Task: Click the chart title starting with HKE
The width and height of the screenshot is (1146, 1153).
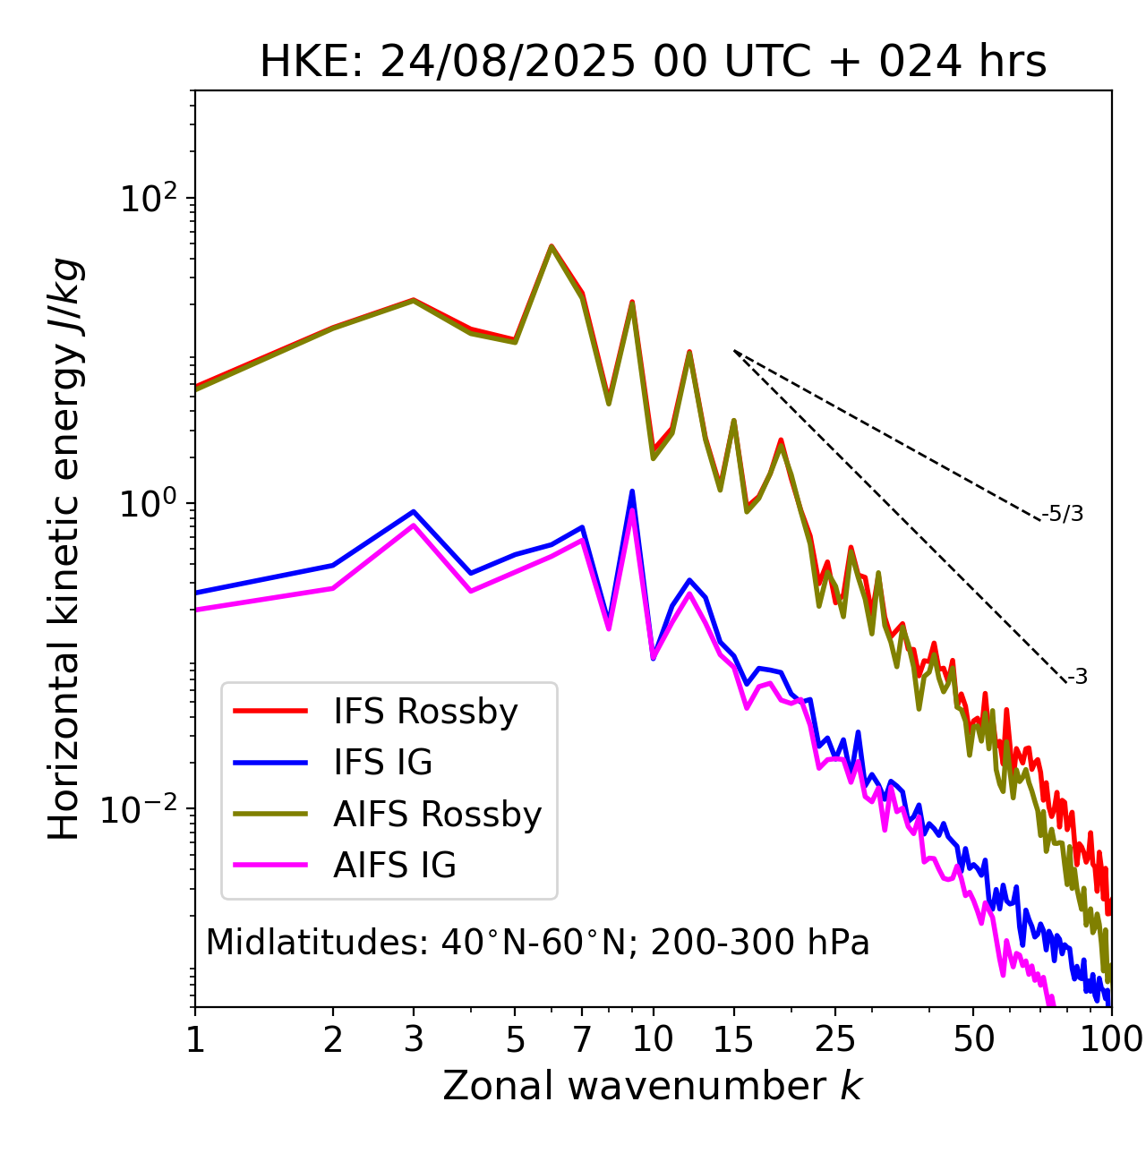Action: [x=653, y=63]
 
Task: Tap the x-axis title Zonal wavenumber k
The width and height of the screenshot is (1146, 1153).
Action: [x=652, y=1085]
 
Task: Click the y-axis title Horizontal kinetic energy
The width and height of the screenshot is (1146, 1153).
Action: [x=64, y=549]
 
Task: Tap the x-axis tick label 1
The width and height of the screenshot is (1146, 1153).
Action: [x=195, y=1039]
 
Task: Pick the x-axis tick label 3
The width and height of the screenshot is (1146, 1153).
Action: [x=413, y=1039]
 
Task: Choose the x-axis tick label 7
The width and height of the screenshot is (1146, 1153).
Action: [x=582, y=1039]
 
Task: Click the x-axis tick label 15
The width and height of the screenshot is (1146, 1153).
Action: [x=733, y=1039]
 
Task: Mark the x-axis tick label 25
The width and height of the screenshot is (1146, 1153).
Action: [x=835, y=1039]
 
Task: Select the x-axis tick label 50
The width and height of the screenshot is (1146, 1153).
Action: [x=973, y=1039]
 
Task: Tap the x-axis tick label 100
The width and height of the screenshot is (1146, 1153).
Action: [x=1110, y=1039]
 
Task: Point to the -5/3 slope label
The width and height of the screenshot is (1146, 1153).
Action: [x=1063, y=514]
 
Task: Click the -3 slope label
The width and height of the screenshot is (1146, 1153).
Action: [x=1077, y=678]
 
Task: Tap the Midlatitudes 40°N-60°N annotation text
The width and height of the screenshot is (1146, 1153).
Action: [x=537, y=943]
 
